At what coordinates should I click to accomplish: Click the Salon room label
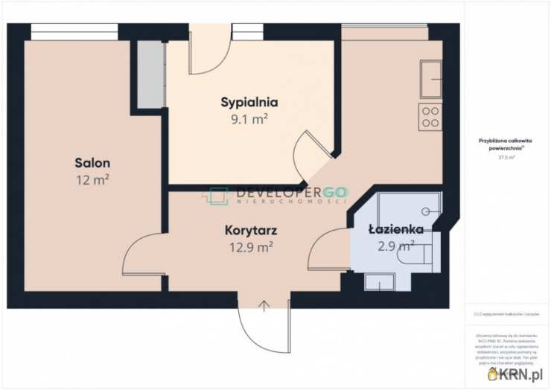(x=92, y=162)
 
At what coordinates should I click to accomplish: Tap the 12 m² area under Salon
(x=92, y=179)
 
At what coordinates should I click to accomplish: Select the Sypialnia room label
(x=249, y=102)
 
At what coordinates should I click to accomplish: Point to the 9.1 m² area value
(x=249, y=118)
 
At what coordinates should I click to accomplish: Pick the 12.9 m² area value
(x=249, y=248)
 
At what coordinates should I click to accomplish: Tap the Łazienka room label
(x=396, y=229)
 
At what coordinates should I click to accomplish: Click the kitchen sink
(x=430, y=80)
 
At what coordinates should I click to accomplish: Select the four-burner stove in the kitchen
(x=430, y=118)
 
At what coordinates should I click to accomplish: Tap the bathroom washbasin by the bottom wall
(x=379, y=282)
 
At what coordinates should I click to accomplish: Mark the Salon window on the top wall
(x=74, y=31)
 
